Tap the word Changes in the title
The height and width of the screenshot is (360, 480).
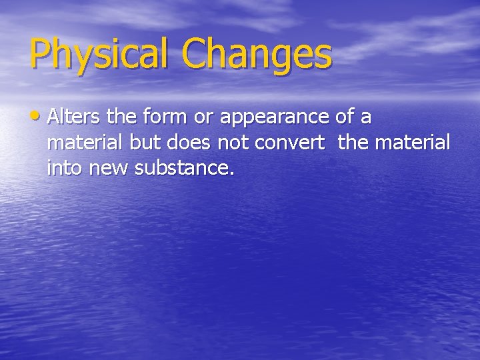[257, 55]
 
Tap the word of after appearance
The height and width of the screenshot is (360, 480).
[345, 118]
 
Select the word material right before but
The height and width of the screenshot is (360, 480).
[80, 143]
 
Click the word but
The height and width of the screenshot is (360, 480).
[139, 143]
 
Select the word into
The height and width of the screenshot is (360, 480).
[63, 169]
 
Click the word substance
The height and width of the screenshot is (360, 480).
[185, 169]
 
